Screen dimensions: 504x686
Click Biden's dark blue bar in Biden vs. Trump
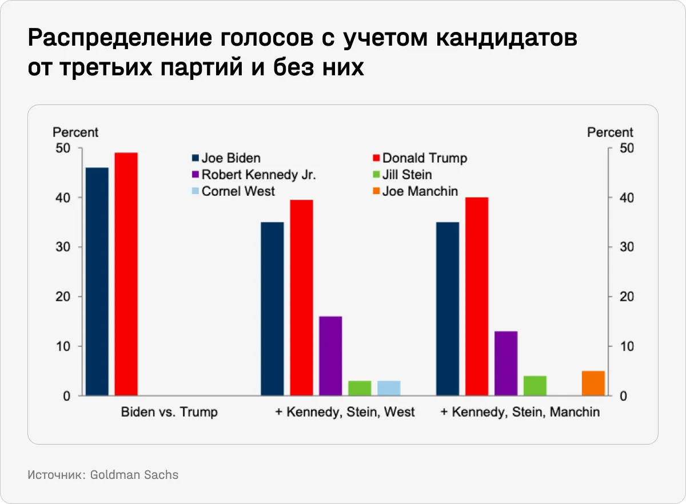point(97,281)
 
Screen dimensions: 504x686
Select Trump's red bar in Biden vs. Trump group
point(126,274)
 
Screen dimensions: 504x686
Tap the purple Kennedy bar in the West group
point(330,356)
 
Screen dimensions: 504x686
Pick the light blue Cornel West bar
point(389,388)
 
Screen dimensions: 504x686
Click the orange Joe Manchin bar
point(593,384)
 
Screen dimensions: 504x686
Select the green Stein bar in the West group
point(360,388)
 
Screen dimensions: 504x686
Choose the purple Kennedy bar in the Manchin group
point(506,363)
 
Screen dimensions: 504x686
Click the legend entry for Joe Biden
point(226,158)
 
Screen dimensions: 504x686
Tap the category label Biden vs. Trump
point(169,412)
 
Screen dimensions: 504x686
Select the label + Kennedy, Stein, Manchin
point(520,412)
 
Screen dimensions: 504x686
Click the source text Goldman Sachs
point(134,475)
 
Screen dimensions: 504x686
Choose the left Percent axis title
point(75,132)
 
